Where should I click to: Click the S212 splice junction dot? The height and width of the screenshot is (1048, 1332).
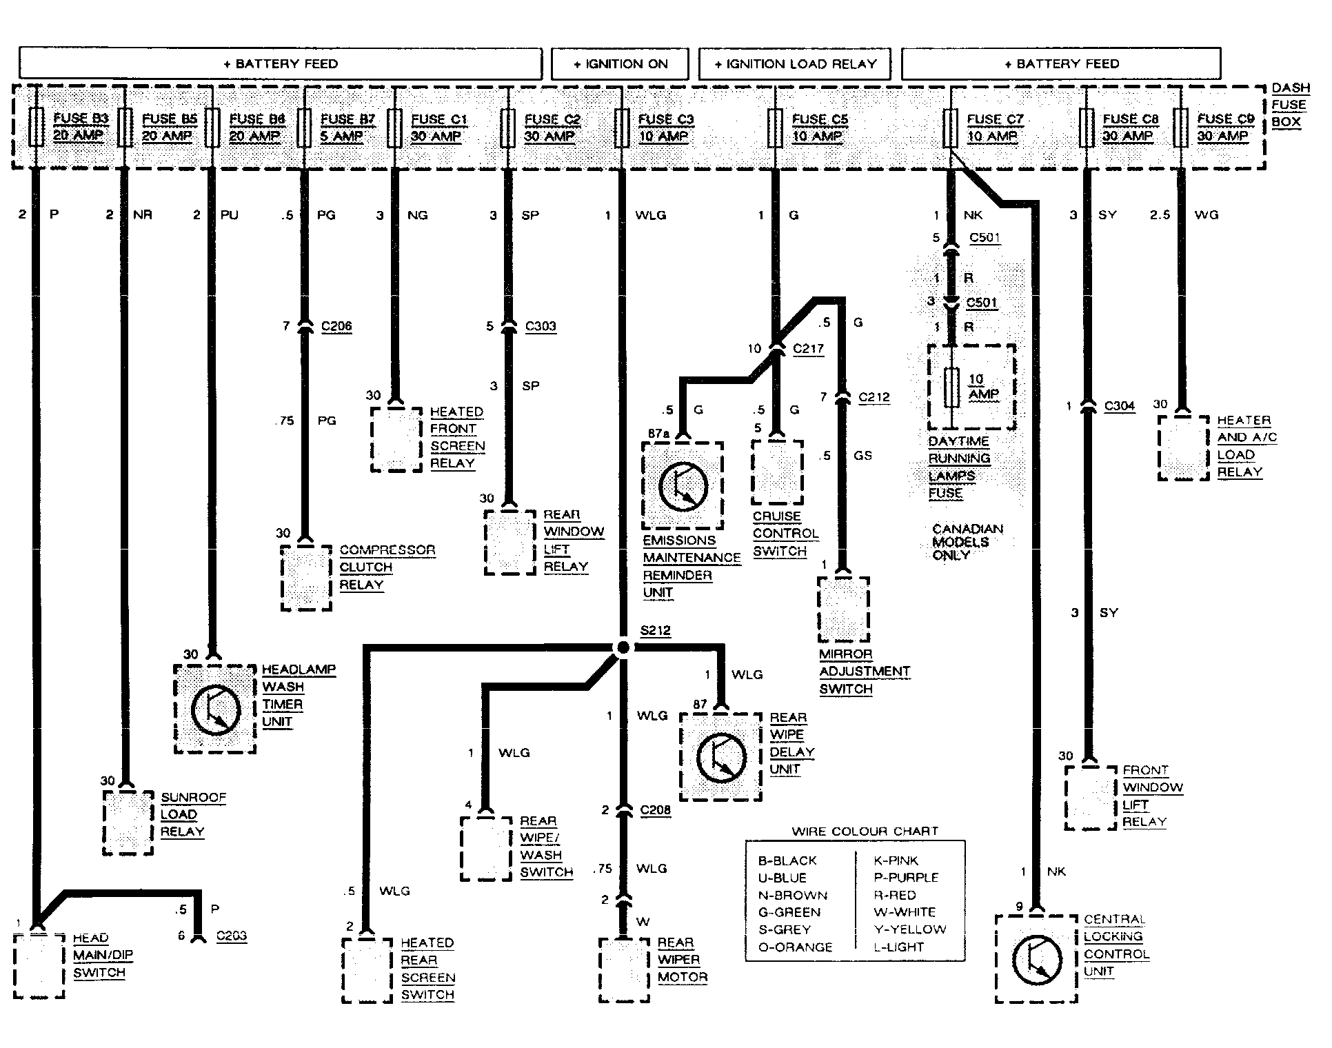(x=623, y=647)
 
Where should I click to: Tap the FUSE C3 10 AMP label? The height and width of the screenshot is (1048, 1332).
(x=665, y=128)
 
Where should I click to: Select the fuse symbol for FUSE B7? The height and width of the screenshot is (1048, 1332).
(x=304, y=128)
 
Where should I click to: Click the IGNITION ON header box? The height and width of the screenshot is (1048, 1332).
(x=620, y=64)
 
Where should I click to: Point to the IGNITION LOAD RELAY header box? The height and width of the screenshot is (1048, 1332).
(x=794, y=64)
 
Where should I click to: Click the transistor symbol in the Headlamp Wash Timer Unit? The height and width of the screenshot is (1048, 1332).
(x=215, y=709)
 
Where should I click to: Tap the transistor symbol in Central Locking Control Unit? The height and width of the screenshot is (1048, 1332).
(x=1037, y=959)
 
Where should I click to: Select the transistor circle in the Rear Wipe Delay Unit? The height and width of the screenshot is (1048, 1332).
(x=721, y=757)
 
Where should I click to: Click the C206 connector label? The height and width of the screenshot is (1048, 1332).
(x=336, y=326)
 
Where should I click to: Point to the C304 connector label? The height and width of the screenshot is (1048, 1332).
(x=1119, y=406)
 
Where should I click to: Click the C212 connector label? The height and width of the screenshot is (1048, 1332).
(x=874, y=398)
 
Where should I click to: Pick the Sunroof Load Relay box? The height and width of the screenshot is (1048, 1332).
(x=128, y=823)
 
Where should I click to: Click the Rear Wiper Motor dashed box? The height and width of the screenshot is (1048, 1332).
(x=624, y=970)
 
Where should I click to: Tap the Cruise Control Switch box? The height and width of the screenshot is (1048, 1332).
(x=777, y=472)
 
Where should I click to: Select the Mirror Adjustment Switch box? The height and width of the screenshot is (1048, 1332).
(x=843, y=609)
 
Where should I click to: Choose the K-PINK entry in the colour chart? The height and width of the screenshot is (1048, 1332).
(x=896, y=860)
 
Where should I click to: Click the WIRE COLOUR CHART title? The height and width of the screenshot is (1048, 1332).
(x=865, y=832)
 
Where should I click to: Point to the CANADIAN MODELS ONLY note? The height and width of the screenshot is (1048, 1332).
(x=967, y=542)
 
